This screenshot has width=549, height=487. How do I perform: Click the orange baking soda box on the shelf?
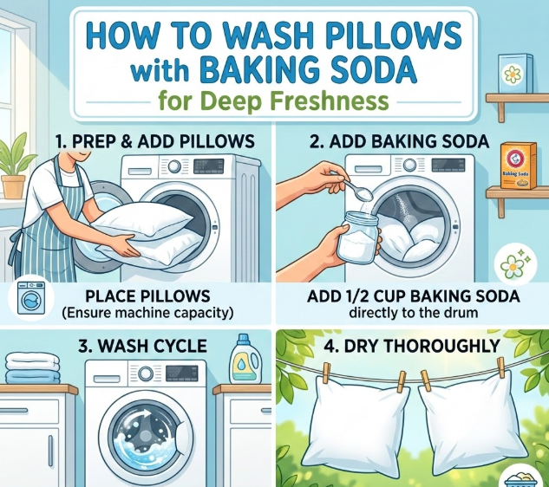tap(518, 166)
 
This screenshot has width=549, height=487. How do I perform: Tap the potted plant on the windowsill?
tap(14, 165)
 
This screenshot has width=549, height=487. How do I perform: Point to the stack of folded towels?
tap(32, 367)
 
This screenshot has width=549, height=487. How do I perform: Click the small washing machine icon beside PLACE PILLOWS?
tap(31, 299)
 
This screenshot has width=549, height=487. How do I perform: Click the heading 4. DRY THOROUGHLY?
tap(411, 346)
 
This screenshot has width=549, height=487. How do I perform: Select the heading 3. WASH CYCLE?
tap(142, 346)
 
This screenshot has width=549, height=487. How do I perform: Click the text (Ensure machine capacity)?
tap(147, 313)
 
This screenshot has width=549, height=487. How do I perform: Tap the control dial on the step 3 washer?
tap(146, 373)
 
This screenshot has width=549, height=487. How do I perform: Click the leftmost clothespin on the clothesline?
tap(327, 373)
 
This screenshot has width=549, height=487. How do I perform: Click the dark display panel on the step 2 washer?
tap(448, 165)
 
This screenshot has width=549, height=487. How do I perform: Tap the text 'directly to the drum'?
tap(413, 312)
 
